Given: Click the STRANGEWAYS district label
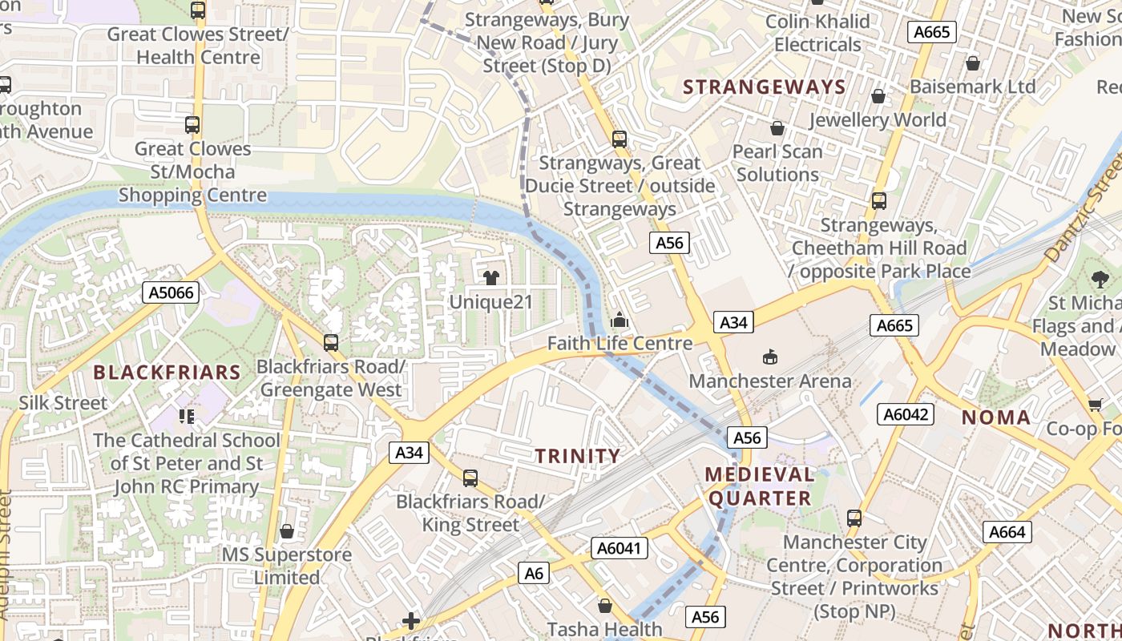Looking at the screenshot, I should click(x=764, y=87).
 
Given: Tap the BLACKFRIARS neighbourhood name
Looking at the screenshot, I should click(x=167, y=373).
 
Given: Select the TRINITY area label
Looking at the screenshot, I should click(x=578, y=456).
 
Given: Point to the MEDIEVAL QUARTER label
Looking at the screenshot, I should click(x=759, y=486).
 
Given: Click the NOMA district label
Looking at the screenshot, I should click(x=995, y=417).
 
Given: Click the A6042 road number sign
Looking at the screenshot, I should click(x=906, y=414).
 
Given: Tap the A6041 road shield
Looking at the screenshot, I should click(x=619, y=548).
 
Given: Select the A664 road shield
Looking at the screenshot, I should click(x=1007, y=532).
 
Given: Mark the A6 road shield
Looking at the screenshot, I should click(x=535, y=574).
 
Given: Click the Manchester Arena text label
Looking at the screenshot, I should click(x=770, y=381).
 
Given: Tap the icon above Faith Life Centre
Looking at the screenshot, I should click(x=619, y=320).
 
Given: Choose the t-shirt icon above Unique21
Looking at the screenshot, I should click(x=491, y=278).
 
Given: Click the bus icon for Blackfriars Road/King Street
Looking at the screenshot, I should click(x=470, y=478).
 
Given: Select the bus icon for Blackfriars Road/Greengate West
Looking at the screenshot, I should click(x=331, y=343).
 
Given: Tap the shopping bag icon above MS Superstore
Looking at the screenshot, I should click(x=287, y=531).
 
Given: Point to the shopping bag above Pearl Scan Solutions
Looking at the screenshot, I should click(x=777, y=128).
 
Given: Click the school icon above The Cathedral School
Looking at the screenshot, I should click(x=187, y=416).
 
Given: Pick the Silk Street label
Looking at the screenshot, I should click(x=63, y=403).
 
